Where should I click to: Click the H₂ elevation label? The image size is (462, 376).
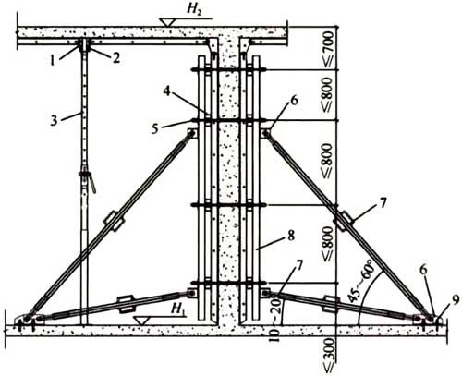(x=193, y=9)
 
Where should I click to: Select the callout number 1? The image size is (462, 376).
(x=53, y=61)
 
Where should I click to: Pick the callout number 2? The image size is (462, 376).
(x=115, y=58)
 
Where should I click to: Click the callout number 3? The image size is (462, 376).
(x=54, y=120)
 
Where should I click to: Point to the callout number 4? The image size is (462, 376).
(x=166, y=91)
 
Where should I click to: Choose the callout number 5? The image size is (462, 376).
(x=154, y=128)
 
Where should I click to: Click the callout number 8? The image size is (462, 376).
(x=291, y=236)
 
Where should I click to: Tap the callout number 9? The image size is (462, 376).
(x=456, y=299)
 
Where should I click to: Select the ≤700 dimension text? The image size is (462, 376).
(x=328, y=49)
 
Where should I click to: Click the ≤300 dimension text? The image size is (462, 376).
(x=328, y=355)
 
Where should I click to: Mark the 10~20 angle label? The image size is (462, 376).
(x=276, y=321)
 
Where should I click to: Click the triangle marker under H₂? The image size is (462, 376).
(x=167, y=22)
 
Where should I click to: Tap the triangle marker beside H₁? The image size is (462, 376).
(x=141, y=321)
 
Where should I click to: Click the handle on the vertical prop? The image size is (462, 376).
(x=92, y=184)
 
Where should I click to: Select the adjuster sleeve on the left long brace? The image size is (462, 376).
(x=114, y=221)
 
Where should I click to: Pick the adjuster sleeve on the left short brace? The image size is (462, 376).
(x=126, y=304)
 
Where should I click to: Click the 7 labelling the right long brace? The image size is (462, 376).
(x=383, y=203)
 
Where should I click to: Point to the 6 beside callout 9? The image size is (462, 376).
(x=424, y=270)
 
